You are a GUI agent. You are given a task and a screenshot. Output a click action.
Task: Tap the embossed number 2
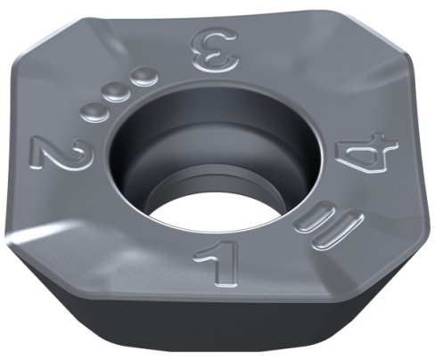pyautogui.click(x=60, y=152)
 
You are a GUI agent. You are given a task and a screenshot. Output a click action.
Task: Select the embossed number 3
pyautogui.click(x=215, y=51)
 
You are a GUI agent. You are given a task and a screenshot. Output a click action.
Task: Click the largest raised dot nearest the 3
pyautogui.click(x=144, y=76)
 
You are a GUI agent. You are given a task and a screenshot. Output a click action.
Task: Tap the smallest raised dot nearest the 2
pyautogui.click(x=94, y=112)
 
